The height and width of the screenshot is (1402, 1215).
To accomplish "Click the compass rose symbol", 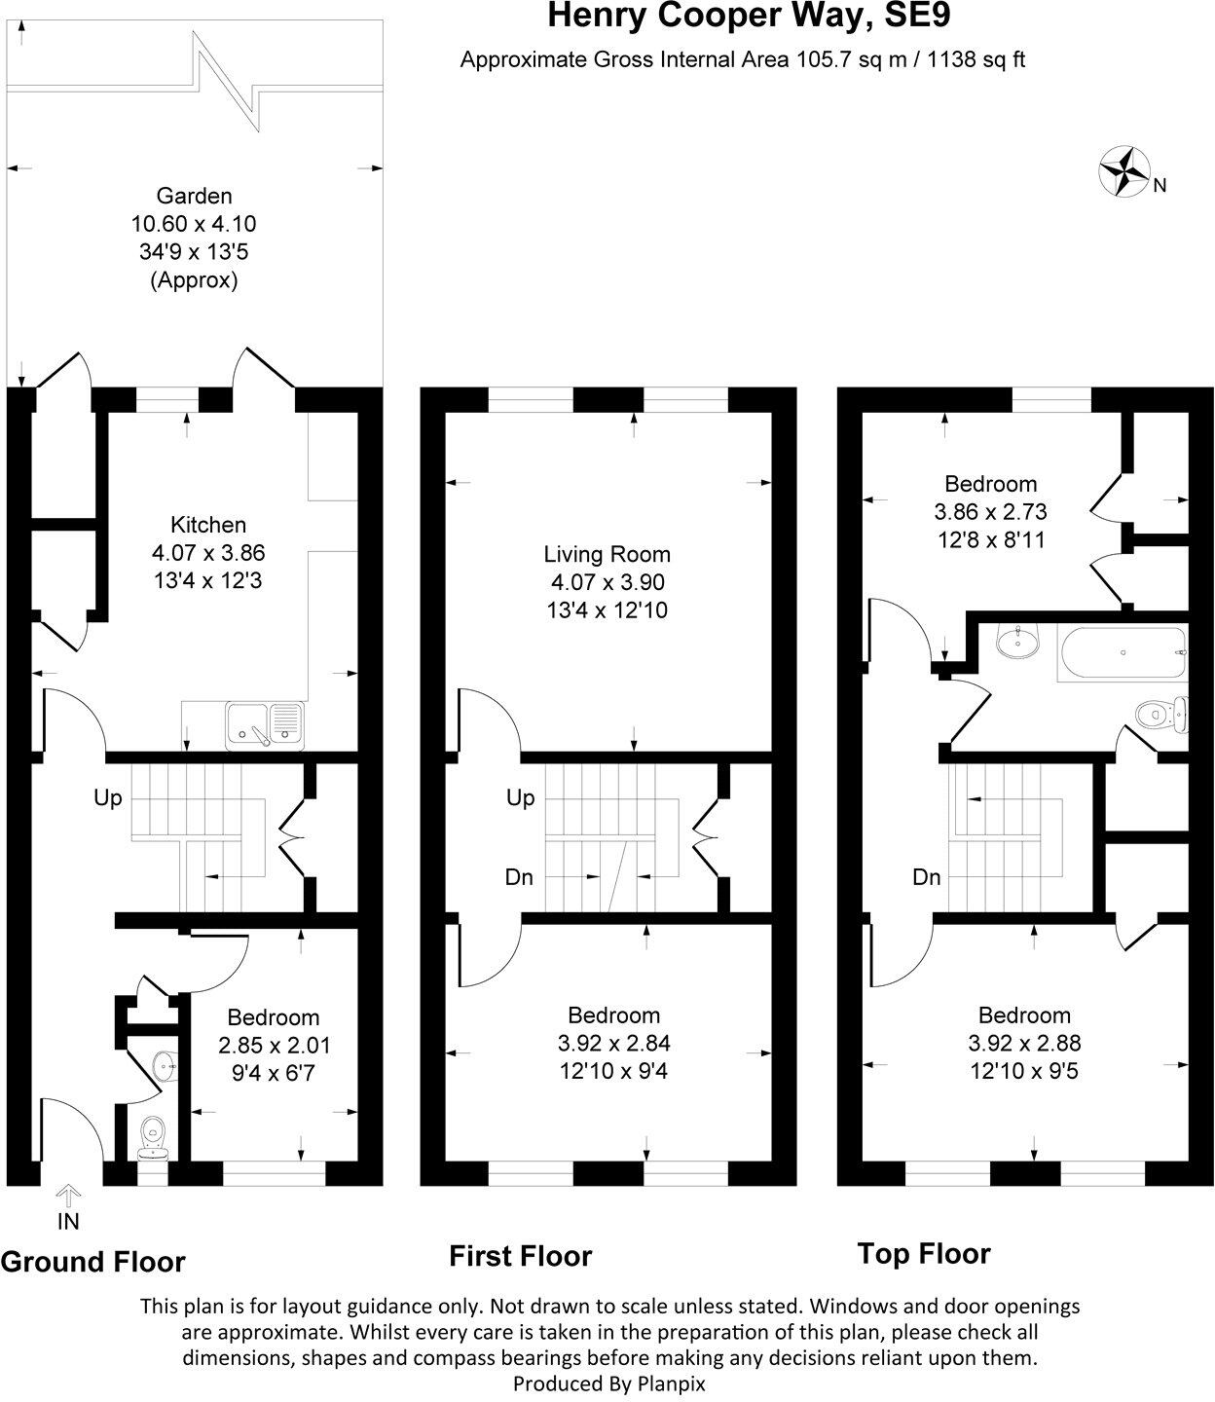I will tap(1123, 171).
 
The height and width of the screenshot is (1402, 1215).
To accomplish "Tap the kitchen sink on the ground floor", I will tap(264, 725).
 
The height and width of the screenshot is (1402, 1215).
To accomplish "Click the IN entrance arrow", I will tap(68, 1196).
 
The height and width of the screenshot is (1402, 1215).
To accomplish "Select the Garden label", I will tap(194, 196).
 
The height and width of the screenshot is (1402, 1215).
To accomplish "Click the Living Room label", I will tap(607, 555).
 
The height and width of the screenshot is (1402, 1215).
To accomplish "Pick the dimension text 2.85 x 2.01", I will tap(273, 1046).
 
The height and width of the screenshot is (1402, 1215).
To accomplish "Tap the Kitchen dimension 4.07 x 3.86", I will tap(208, 553).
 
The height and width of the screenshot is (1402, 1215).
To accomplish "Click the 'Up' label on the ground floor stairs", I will tap(107, 798).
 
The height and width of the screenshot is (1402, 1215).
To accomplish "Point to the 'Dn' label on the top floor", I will tap(926, 877).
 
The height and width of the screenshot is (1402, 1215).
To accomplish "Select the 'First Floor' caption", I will tap(520, 1256).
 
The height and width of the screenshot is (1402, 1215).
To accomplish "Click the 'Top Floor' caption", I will tap(923, 1253).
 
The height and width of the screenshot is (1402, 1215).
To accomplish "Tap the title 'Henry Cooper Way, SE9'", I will tap(735, 17).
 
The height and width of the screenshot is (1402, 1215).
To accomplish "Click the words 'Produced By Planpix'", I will tap(608, 1384).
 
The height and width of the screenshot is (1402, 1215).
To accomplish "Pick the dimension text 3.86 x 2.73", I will tap(990, 511).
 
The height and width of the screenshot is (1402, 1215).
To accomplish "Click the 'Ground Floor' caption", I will tap(92, 1262).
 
